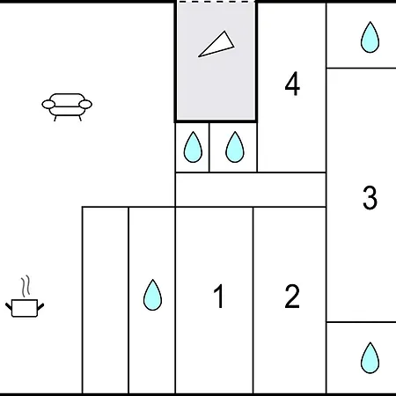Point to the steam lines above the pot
[x=26, y=286]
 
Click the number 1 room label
[x=218, y=297]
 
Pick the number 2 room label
[x=292, y=297]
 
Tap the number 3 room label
[x=370, y=197]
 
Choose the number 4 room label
[x=292, y=84]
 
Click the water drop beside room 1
[x=152, y=295]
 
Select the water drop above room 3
[x=370, y=37]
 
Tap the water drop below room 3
[x=370, y=358]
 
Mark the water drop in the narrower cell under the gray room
[x=193, y=147]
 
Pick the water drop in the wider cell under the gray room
[x=235, y=147]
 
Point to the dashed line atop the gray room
[x=216, y=2]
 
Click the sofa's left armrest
[x=48, y=104]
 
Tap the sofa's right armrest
[x=85, y=104]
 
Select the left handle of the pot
[x=9, y=306]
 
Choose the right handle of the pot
[x=40, y=306]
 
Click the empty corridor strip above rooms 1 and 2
[x=251, y=190]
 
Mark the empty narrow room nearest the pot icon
[x=106, y=300]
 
